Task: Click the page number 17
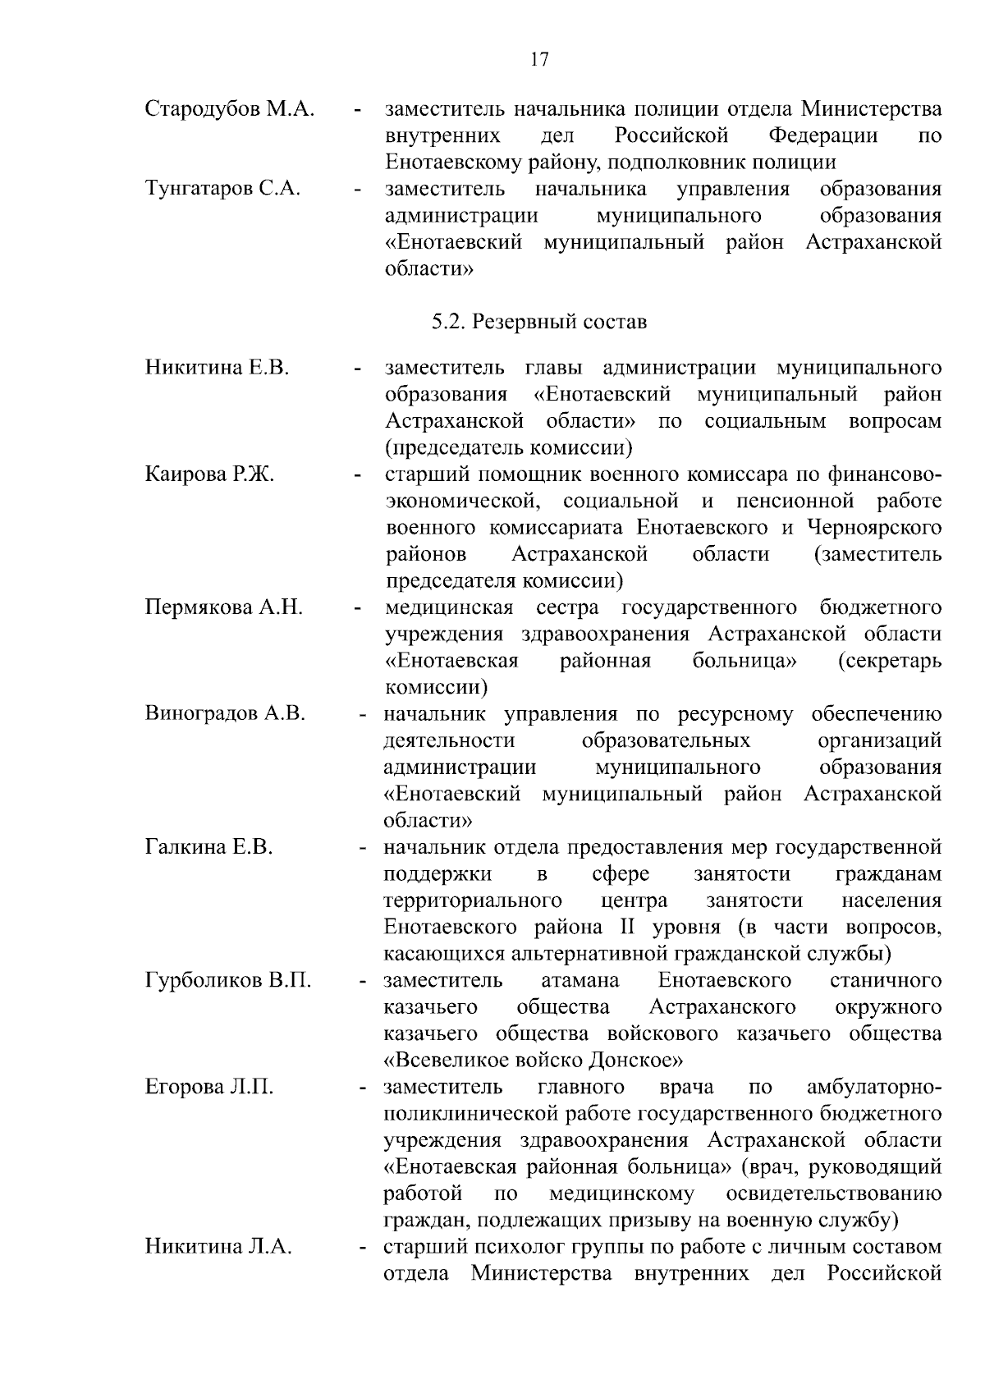coord(539,60)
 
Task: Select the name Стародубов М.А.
coord(230,109)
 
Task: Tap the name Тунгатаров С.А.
coord(222,189)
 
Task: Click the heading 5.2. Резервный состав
coord(539,322)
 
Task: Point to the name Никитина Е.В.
coord(218,367)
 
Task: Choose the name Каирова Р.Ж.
coord(209,474)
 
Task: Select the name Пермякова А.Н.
coord(224,607)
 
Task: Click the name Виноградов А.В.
coord(225,713)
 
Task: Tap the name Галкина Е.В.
coord(208,846)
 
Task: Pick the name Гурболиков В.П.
coord(228,980)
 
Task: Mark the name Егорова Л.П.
coord(209,1087)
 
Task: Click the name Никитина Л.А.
coord(218,1247)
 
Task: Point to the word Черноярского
coord(874,527)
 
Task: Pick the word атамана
coord(580,980)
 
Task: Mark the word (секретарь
coord(890,661)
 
